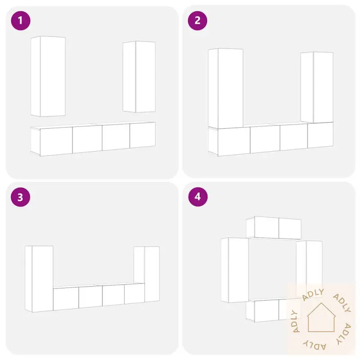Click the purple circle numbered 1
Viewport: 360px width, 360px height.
(21, 21)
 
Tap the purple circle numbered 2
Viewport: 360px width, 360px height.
(198, 21)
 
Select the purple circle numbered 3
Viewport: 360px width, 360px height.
(21, 197)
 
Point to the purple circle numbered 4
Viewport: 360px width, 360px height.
(198, 197)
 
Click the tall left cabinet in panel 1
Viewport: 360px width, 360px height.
(48, 76)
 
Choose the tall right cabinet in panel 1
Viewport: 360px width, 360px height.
(139, 76)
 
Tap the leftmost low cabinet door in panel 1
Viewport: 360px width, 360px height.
(56, 142)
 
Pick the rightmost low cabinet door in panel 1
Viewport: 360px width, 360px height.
(143, 135)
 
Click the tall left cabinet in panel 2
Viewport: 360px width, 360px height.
(226, 88)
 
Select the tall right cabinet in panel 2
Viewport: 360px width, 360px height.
(317, 87)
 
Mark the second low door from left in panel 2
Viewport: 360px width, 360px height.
(265, 139)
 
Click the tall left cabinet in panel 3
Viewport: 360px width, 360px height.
(39, 279)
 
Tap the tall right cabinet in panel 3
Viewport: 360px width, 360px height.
(147, 274)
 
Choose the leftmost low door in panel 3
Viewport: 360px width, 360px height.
(66, 299)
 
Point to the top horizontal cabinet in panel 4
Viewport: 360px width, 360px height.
(274, 228)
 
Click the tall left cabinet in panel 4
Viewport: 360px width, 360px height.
(234, 270)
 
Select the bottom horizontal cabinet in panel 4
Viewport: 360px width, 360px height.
(274, 310)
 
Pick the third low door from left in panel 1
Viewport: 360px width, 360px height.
(116, 137)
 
